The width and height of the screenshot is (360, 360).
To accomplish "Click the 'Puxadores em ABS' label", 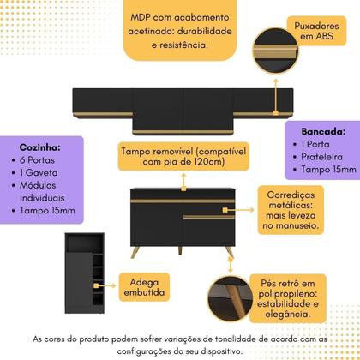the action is (316, 31).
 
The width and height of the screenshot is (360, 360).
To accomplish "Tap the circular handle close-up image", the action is (275, 51).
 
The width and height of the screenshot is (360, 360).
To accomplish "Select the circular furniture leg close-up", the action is (231, 299).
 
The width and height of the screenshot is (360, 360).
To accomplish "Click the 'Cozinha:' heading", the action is (39, 147).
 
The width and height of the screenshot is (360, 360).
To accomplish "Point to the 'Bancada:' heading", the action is (323, 131).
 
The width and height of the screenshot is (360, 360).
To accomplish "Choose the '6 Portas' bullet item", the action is (33, 160).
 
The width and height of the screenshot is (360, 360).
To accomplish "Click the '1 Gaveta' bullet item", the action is (35, 172).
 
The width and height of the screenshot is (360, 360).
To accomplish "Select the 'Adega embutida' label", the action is (144, 287).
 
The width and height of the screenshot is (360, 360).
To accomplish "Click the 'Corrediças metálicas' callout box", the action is (291, 210).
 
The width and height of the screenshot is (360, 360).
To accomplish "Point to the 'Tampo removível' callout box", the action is (183, 156).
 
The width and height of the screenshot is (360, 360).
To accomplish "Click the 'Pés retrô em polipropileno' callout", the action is (288, 298).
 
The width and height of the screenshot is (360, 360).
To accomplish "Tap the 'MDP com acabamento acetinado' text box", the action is (180, 30).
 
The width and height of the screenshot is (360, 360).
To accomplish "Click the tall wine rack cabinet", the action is (85, 273).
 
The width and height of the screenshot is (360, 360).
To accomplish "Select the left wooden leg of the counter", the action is (135, 252).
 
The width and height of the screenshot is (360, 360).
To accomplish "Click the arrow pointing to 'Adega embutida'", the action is (105, 285).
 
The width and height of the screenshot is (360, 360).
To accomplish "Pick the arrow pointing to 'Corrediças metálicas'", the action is (238, 210).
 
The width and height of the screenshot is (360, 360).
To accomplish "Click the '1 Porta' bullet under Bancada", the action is (311, 144).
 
